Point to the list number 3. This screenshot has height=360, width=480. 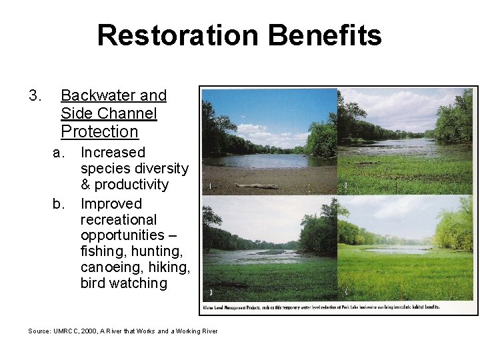coord(35,96)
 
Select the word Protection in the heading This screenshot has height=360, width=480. coord(99,131)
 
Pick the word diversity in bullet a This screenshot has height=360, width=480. coord(159,169)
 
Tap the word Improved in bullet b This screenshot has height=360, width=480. coord(111,203)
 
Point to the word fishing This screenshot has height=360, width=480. coord(103,251)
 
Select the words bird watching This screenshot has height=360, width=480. coord(123,283)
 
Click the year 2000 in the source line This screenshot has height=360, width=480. coord(89,331)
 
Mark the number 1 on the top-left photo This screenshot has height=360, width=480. coord(211,187)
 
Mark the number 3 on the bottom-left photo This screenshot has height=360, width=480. coord(211,292)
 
